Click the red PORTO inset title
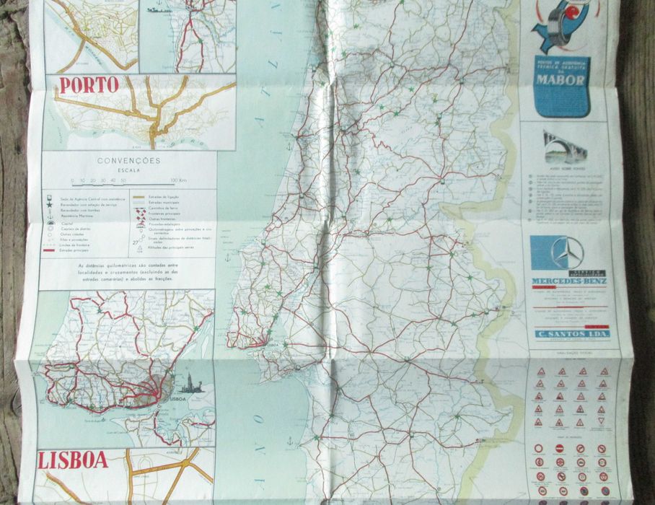[x=89, y=85]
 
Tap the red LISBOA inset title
[x=73, y=460]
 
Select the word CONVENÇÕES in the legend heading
[x=130, y=161]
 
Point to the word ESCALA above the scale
[x=130, y=170]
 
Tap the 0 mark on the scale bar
[x=72, y=180]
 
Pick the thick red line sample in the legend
[x=50, y=252]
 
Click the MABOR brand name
[x=560, y=80]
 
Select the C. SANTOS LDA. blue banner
[x=570, y=333]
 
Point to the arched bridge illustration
[x=565, y=147]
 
